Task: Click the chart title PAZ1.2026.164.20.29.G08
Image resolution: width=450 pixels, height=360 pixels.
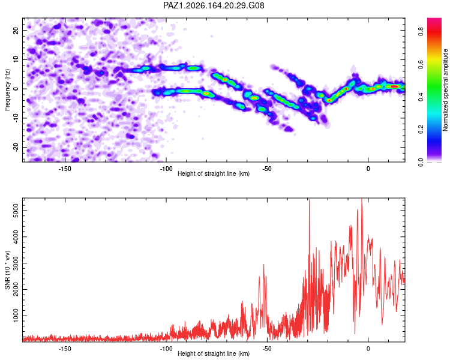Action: pos(214,5)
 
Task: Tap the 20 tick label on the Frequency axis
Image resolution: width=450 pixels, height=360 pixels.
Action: pos(16,30)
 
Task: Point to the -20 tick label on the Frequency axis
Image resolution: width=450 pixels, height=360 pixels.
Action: pos(16,147)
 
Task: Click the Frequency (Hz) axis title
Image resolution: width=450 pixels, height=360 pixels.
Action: pos(7,89)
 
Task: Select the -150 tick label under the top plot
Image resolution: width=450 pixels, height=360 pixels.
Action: pos(65,169)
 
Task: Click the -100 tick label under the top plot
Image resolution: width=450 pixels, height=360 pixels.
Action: pos(166,169)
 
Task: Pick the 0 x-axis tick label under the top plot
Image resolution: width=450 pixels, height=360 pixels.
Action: pos(368,169)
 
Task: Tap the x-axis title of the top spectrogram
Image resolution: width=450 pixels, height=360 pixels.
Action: pos(214,173)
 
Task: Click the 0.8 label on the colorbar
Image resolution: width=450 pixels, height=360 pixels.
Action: pos(421,32)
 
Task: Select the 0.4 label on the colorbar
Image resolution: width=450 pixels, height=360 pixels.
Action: pos(421,97)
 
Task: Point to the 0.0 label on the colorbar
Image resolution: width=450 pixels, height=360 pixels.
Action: pos(421,163)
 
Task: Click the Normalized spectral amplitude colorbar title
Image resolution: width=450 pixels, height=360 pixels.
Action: pos(445,89)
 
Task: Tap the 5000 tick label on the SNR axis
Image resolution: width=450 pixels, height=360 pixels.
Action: pos(16,211)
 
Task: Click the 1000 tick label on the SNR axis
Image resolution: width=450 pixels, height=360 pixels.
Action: pos(16,316)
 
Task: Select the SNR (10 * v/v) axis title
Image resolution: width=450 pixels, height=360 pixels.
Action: pos(7,270)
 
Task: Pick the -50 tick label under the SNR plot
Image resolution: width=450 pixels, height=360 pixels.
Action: pos(267,349)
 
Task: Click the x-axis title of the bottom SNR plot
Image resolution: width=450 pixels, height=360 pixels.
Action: pos(214,353)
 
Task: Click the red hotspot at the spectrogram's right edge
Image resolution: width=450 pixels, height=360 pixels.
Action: pos(394,86)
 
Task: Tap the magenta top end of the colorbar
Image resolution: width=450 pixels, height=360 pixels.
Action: pos(434,20)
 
